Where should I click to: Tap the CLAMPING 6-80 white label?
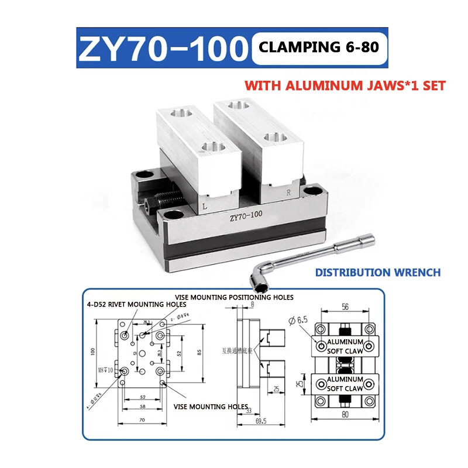coord(319,47)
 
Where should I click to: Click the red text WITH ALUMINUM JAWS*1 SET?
coord(345,85)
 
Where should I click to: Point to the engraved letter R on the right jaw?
coord(287,192)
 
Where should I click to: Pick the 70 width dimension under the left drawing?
coord(142,421)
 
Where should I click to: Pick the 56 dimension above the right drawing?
coord(345,306)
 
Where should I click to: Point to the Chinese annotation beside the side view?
coord(236,352)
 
